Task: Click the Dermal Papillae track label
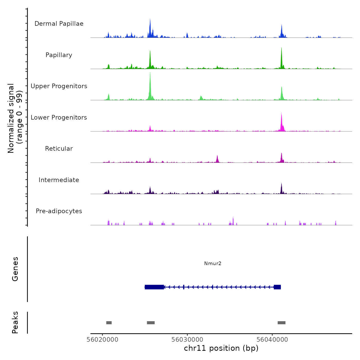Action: click(59, 24)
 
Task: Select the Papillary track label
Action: click(59, 55)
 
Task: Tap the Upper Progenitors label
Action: click(59, 86)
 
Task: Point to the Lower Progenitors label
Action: click(59, 118)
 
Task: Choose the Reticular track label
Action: click(59, 149)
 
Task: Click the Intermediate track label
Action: click(59, 180)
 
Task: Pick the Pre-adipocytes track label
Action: click(59, 211)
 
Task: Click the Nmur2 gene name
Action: click(213, 263)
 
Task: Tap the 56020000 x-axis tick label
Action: click(103, 340)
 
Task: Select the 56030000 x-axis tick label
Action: click(187, 340)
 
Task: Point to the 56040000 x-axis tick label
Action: click(272, 340)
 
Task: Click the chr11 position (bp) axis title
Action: click(221, 348)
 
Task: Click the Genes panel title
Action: click(15, 269)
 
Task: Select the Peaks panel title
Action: click(15, 322)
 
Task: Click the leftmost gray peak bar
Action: click(109, 323)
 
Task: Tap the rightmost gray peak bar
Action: click(282, 323)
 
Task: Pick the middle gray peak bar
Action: click(151, 323)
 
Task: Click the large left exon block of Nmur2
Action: click(154, 287)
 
